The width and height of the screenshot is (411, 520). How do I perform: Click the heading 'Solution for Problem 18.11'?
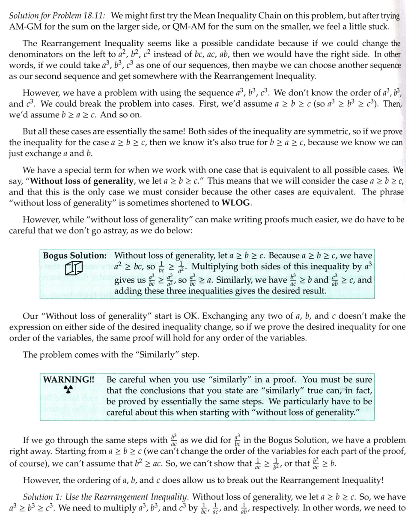(x=58, y=16)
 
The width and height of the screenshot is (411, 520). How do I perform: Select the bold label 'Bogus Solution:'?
(x=74, y=256)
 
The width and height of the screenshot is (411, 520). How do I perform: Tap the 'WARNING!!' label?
(x=68, y=380)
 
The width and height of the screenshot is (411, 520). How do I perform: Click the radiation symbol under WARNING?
(x=68, y=389)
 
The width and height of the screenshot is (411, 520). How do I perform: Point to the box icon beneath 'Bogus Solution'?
(x=74, y=269)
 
